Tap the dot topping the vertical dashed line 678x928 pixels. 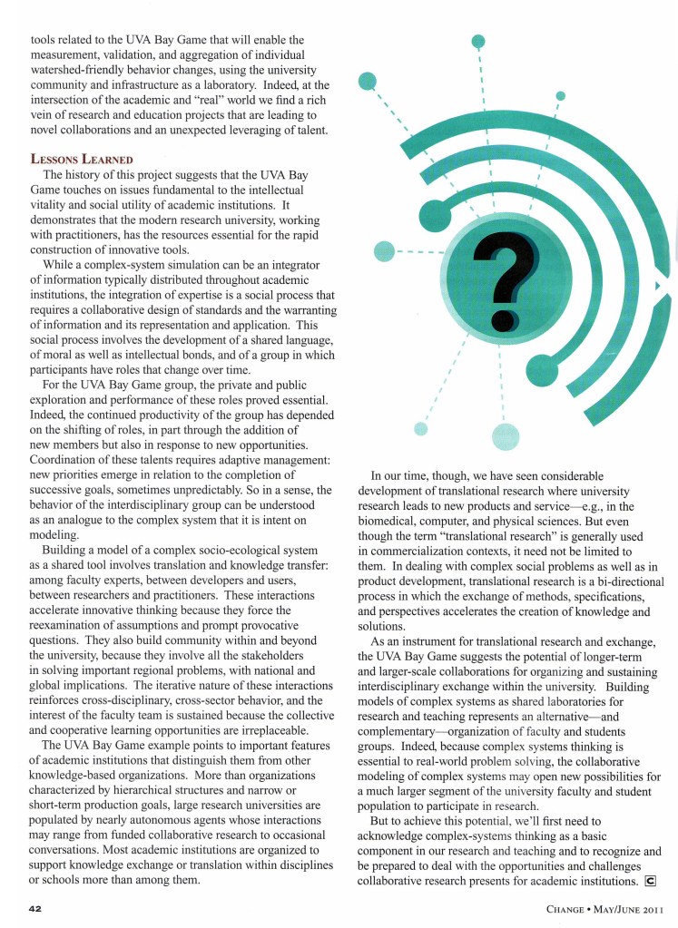coord(478,41)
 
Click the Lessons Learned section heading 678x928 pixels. coord(74,159)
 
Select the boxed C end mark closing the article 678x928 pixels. coord(649,880)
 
